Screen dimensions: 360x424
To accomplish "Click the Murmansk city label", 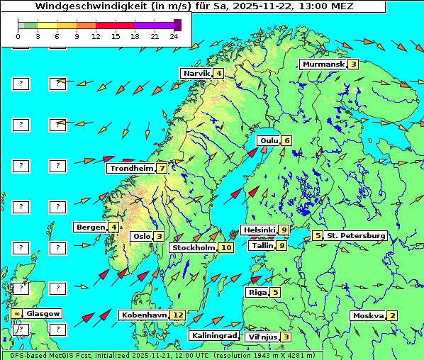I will [323, 64].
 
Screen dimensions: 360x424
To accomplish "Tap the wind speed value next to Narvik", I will [219, 74].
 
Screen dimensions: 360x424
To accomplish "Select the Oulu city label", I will [269, 140].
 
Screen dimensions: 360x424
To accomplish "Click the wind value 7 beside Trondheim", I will [162, 168].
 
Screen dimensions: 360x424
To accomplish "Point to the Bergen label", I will [90, 227].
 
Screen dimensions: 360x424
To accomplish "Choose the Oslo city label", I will [141, 236].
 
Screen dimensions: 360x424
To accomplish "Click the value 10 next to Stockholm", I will [225, 247].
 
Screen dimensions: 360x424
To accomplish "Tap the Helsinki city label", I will [259, 230].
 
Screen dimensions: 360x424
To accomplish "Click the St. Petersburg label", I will [356, 235].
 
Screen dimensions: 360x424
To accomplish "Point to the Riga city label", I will [256, 292].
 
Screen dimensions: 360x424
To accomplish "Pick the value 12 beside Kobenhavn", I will [178, 315].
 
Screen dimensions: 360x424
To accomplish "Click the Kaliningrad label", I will [214, 335].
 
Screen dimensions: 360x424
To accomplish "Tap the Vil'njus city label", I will [261, 337].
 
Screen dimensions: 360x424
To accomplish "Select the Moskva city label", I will [368, 315].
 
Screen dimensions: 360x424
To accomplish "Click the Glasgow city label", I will [44, 313].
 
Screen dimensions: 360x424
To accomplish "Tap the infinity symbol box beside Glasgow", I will [16, 313].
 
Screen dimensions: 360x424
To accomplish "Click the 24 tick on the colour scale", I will [173, 35].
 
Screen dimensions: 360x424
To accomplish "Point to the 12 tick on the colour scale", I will [95, 35].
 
